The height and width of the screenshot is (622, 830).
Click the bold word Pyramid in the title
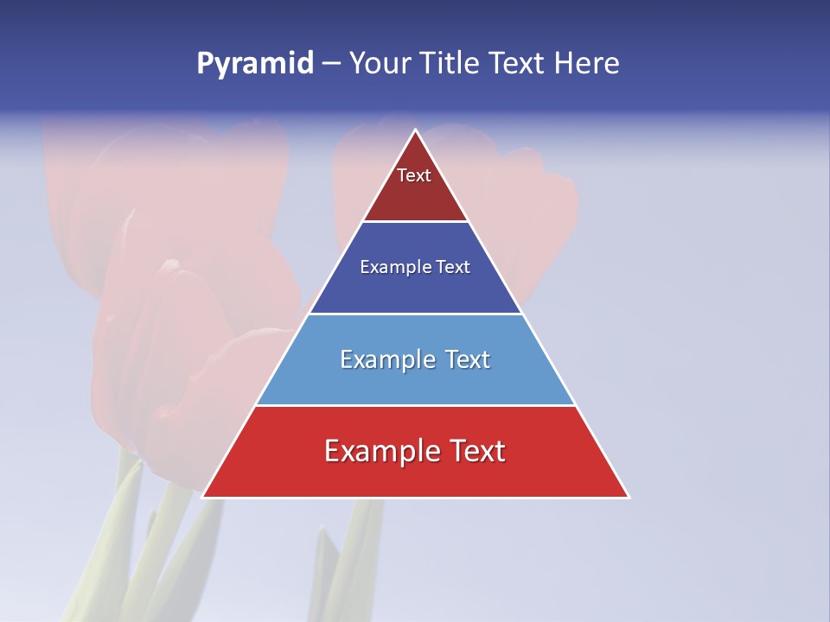tap(255, 64)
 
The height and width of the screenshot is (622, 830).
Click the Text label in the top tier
tap(414, 175)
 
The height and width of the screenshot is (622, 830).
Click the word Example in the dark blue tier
tap(392, 267)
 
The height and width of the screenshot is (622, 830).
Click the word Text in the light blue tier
tap(468, 359)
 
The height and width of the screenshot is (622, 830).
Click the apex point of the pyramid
tap(415, 130)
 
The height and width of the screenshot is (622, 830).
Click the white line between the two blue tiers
tap(415, 314)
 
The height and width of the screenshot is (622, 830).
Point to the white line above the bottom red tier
tap(415, 405)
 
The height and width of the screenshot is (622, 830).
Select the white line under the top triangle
tap(415, 222)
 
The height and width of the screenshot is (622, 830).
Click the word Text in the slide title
tap(518, 64)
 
